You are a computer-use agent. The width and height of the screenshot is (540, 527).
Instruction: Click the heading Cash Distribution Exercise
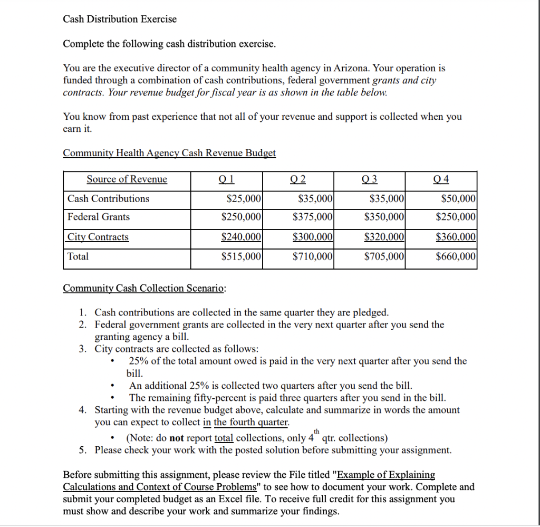pos(120,19)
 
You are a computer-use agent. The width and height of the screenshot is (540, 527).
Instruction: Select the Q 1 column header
pos(226,179)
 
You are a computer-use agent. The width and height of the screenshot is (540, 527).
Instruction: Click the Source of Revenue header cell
pos(127,179)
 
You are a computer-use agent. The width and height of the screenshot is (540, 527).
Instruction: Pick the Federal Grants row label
pos(99,217)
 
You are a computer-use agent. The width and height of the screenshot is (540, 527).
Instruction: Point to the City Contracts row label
pos(98,237)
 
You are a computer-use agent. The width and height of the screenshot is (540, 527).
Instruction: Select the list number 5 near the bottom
pos(83,451)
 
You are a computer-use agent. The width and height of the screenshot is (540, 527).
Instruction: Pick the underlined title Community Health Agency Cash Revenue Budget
pos(169,153)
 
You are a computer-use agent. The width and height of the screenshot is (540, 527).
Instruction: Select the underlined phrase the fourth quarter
pos(251,422)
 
